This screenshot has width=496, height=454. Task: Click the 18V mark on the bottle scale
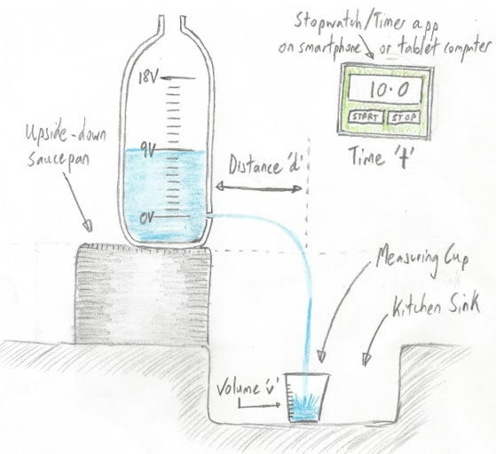[x=147, y=77]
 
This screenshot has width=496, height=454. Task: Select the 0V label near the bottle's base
[x=147, y=218]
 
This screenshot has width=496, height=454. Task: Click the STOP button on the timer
[x=404, y=117]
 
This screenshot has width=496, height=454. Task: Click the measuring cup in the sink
[x=307, y=398]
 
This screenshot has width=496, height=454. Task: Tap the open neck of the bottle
[x=172, y=23]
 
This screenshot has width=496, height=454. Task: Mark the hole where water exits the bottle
[x=209, y=215]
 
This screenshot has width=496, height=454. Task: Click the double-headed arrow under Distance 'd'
[x=258, y=187]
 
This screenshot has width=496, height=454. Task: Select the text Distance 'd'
[x=265, y=165]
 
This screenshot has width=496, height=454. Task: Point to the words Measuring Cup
[x=422, y=259]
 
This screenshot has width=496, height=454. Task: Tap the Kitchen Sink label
[x=436, y=306]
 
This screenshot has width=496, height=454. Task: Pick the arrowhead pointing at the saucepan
[x=88, y=225]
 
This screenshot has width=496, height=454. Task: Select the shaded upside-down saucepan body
[x=142, y=295]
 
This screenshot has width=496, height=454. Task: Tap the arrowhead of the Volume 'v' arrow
[x=277, y=404]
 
